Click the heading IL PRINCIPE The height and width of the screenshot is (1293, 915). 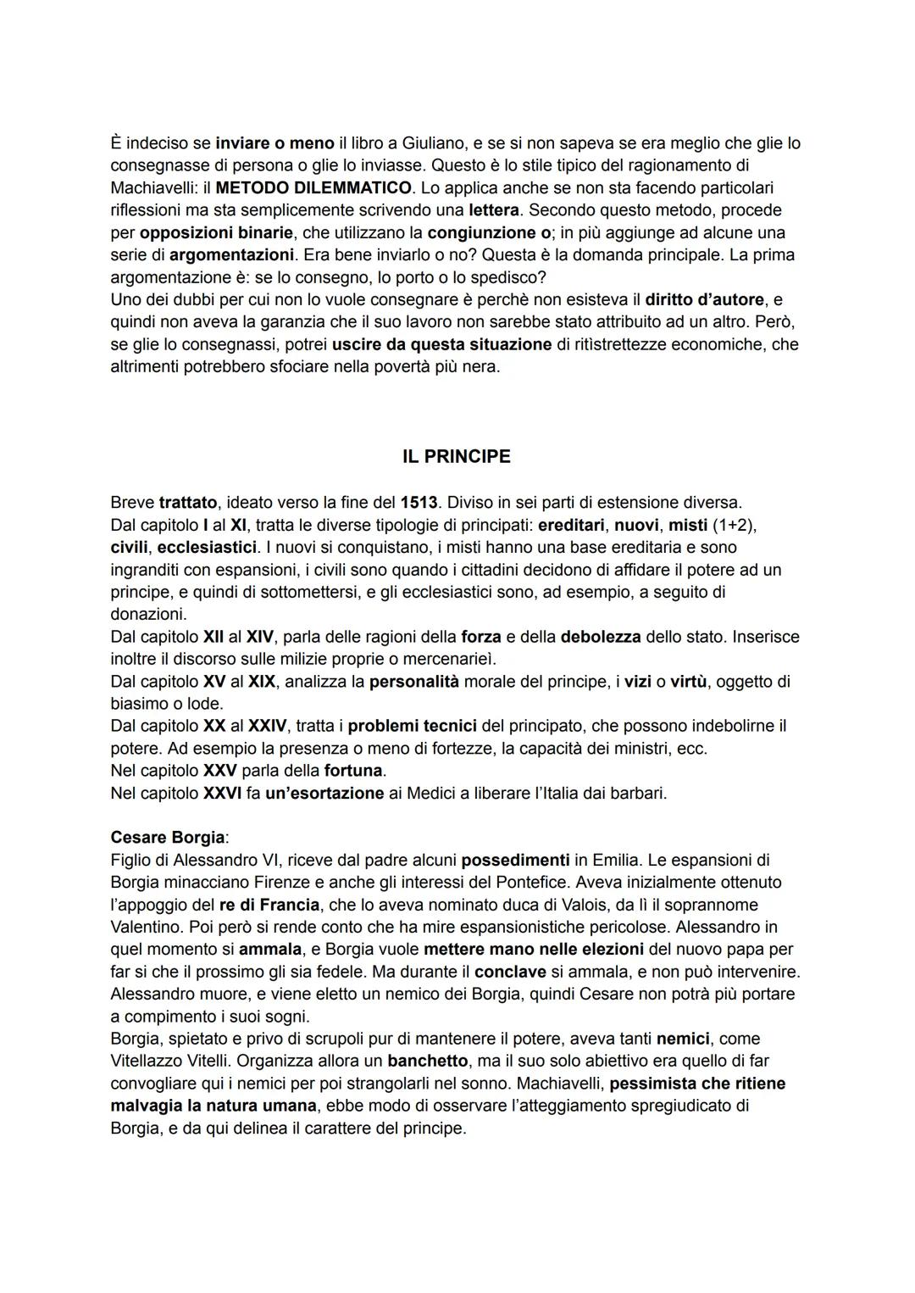coord(457,457)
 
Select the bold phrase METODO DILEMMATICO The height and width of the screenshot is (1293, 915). coord(313,187)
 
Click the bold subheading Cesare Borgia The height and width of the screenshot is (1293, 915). coord(168,838)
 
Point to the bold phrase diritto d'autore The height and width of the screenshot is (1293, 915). coord(704,299)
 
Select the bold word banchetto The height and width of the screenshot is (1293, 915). coord(427,1062)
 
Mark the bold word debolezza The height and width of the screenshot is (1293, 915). coord(602,637)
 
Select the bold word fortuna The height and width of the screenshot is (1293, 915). coord(353,772)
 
